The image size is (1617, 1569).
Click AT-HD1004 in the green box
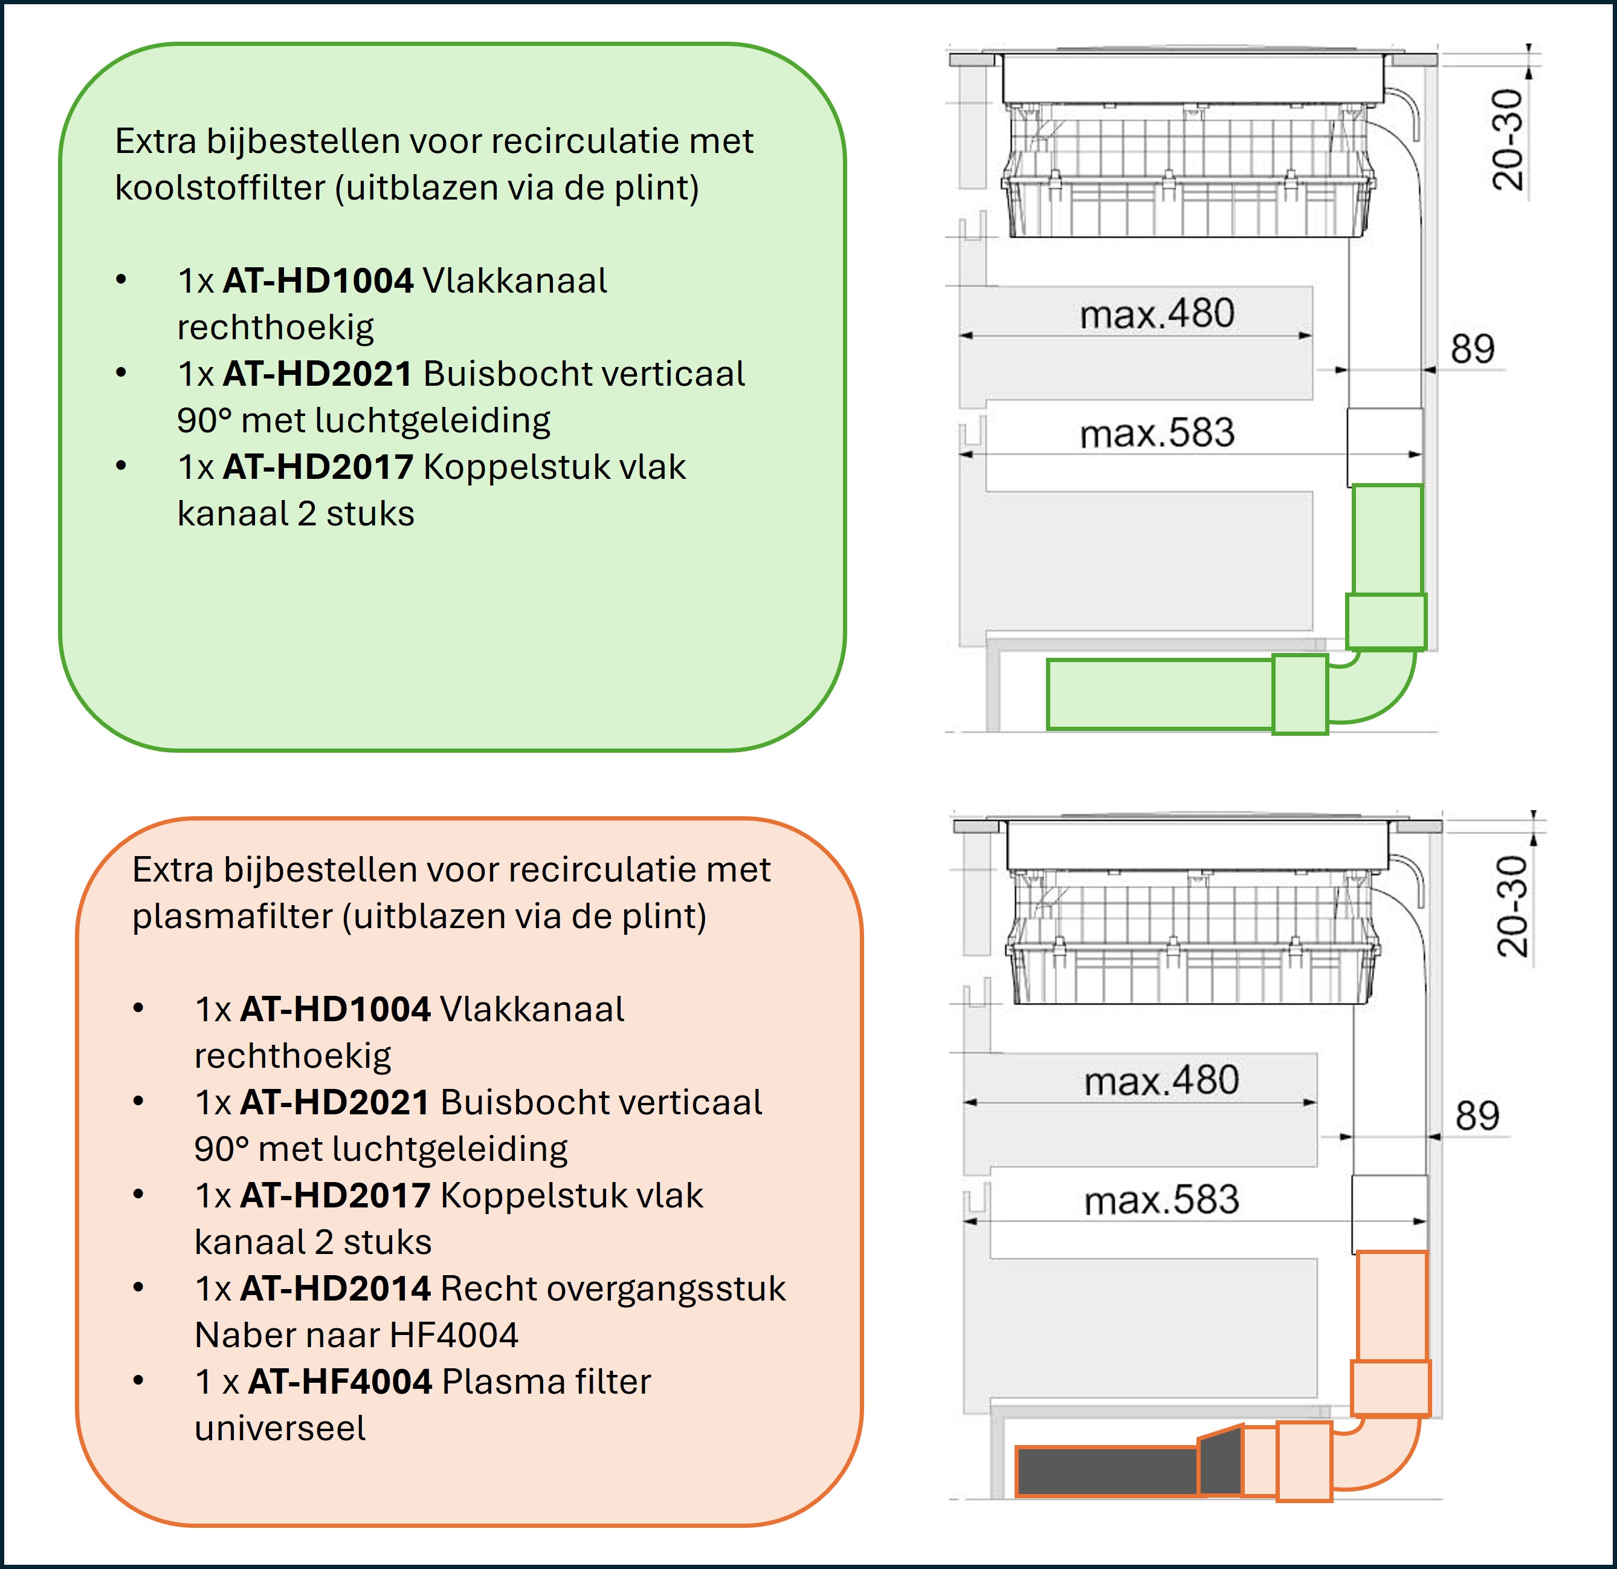[x=318, y=281]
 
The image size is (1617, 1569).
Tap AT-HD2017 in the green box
[x=318, y=468]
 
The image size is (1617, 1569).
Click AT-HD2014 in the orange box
[x=335, y=1289]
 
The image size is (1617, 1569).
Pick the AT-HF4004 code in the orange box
[x=340, y=1382]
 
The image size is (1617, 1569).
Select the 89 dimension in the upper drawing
[x=1473, y=349]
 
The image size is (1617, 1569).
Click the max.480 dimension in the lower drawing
[x=1161, y=1081]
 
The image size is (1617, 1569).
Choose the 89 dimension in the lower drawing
[x=1477, y=1116]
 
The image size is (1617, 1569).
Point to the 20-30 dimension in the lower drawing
[x=1512, y=906]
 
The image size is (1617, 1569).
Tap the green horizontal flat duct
[x=1159, y=694]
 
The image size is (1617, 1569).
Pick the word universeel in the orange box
[x=280, y=1429]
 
